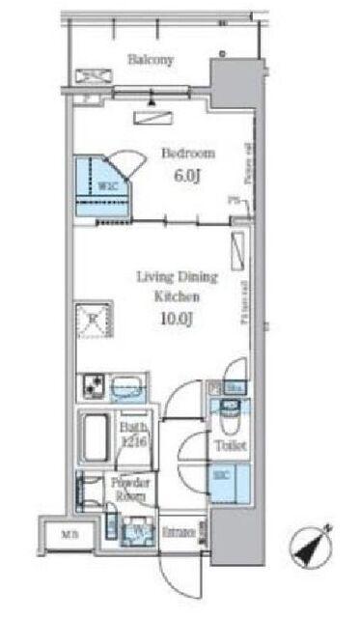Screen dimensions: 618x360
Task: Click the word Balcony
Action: click(152, 60)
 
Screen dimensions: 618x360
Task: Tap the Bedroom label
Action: click(187, 154)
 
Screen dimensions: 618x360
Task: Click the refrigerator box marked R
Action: click(95, 319)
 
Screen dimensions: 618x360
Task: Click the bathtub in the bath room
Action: click(96, 439)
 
